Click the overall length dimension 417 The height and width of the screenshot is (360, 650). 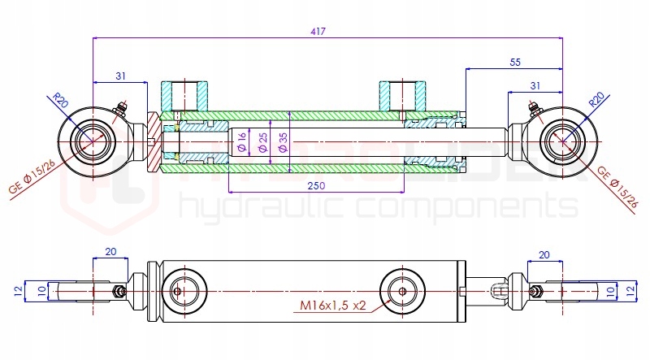318,31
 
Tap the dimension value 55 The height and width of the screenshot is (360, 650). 514,62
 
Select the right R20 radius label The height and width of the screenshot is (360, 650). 596,101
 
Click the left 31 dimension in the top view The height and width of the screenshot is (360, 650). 120,76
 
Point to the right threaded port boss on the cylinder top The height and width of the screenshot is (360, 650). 402,96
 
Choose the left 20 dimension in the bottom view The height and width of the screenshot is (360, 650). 110,253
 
